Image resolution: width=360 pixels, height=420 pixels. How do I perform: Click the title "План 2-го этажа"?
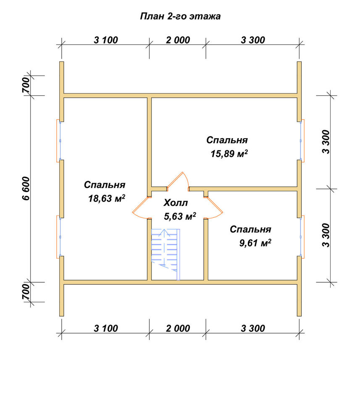pos(180,16)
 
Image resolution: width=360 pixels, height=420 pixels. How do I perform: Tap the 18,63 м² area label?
pos(107,199)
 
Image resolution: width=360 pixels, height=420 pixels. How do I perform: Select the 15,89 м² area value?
pos(229,154)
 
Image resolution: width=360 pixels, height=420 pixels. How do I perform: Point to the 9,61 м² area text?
pos(255,243)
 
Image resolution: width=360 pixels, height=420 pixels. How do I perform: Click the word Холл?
pos(176,203)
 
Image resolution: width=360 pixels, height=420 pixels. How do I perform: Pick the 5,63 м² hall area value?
pos(180,216)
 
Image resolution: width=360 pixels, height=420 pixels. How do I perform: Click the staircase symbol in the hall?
pos(166,254)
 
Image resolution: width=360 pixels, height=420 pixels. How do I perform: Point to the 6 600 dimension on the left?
pos(26,189)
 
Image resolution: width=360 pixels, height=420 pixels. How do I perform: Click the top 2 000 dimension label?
pos(178,40)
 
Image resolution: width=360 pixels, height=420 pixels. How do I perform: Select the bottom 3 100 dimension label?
pos(106,328)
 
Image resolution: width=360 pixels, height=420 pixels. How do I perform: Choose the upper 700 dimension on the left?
pos(26,85)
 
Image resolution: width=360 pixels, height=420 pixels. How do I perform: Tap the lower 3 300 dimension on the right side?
pos(326,235)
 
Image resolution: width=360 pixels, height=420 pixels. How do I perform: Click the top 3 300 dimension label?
pos(253,40)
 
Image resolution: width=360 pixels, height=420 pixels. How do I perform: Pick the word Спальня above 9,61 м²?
pos(250,230)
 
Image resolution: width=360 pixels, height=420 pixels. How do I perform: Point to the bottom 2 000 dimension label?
pos(178,328)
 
